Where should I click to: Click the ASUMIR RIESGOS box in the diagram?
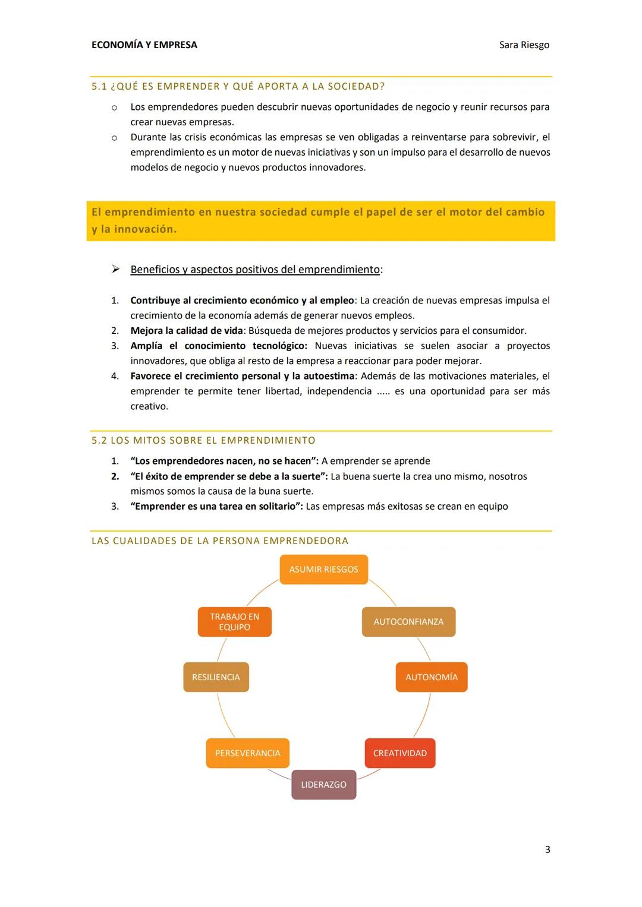click(x=323, y=570)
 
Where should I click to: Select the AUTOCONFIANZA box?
click(x=408, y=622)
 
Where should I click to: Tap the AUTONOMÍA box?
click(x=432, y=677)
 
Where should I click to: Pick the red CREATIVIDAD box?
click(x=399, y=753)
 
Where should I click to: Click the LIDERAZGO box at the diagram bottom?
click(x=323, y=785)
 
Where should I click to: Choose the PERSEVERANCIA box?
click(x=247, y=753)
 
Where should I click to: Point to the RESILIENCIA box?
click(x=216, y=677)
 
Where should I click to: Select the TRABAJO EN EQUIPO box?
click(x=234, y=622)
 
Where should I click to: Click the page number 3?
click(x=547, y=849)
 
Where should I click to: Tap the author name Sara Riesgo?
click(x=524, y=45)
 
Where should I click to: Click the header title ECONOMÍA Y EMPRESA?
click(x=144, y=45)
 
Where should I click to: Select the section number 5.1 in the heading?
click(x=99, y=87)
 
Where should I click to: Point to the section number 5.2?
click(x=99, y=441)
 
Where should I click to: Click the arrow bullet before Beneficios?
click(x=115, y=270)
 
